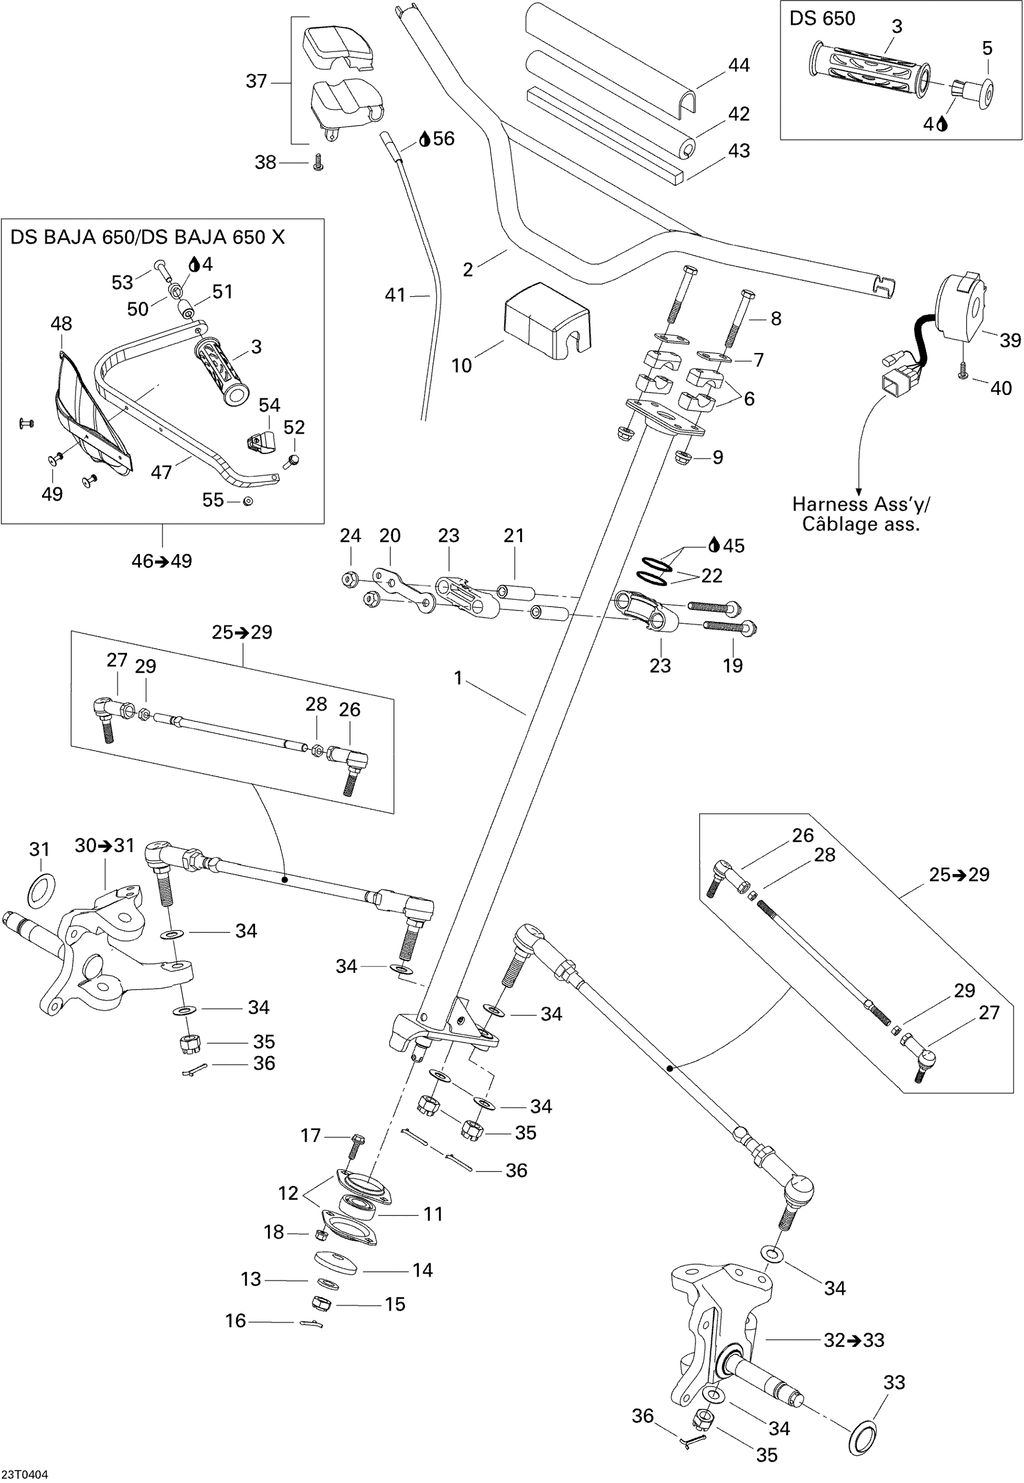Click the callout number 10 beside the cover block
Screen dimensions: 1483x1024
[x=461, y=366]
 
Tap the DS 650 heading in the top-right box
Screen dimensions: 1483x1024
[x=822, y=19]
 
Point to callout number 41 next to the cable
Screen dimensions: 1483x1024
[x=395, y=295]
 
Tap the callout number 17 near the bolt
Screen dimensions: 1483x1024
[x=311, y=1135]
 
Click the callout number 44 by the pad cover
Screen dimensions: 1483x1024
[x=739, y=65]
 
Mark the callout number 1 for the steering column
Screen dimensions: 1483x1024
[x=458, y=678]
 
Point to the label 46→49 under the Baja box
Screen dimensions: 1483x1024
[x=162, y=561]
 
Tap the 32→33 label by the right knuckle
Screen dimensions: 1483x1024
[x=854, y=1340]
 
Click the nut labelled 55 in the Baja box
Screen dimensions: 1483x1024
[x=248, y=501]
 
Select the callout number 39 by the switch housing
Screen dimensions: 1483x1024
[x=1010, y=341]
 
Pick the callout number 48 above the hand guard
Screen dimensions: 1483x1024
[x=62, y=324]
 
